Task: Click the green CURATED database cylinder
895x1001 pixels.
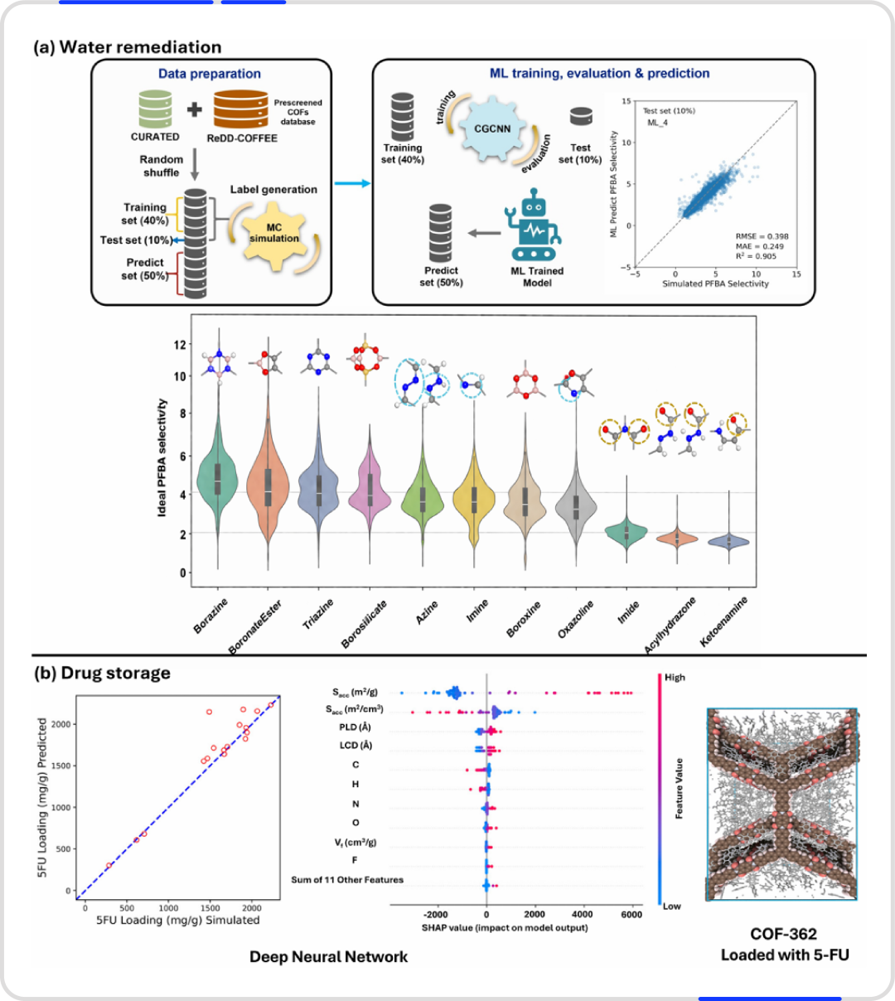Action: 155,109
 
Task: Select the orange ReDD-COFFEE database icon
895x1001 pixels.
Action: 240,109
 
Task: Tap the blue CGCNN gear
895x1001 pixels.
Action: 492,128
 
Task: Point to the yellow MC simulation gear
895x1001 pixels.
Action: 274,233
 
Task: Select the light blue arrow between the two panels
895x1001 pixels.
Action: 352,184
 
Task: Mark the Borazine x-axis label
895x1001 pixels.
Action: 210,616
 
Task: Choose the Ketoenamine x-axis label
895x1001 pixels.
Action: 723,621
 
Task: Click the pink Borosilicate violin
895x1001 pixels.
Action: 370,486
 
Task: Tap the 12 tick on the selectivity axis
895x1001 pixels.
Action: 180,345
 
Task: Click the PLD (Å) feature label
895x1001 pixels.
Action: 355,728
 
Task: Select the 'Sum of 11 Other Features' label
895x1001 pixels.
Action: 347,879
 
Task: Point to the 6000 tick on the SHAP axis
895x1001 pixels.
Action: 631,915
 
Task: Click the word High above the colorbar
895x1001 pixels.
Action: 675,677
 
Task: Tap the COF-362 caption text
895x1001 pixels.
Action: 783,934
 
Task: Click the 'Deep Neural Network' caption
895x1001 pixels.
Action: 329,956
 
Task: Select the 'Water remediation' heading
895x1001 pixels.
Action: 140,47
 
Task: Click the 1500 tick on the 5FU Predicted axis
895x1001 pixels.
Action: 60,766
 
